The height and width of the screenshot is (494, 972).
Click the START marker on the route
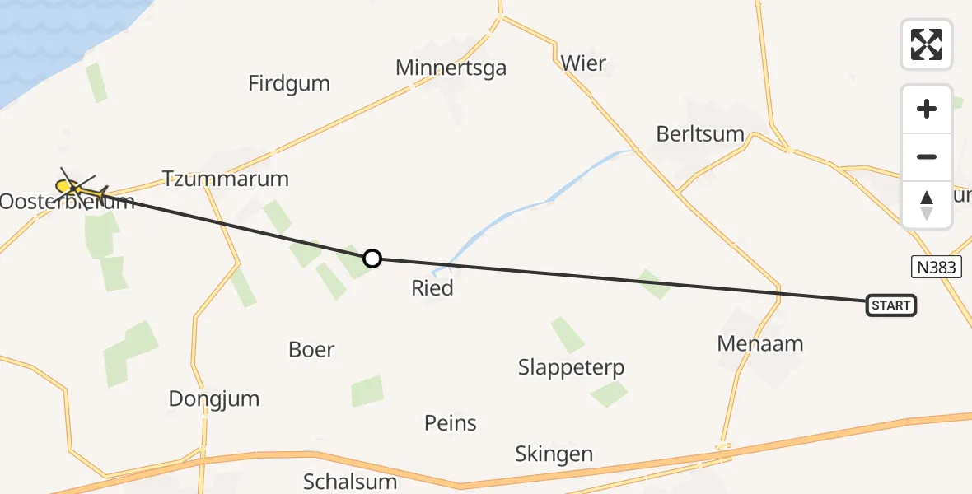pos(891,305)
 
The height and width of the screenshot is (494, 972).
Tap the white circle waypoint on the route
pos(372,259)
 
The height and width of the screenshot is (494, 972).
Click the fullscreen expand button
pos(927,44)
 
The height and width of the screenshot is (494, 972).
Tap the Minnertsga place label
pos(451,68)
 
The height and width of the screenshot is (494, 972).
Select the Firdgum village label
pos(289,83)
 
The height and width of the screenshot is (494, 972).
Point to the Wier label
pos(583,63)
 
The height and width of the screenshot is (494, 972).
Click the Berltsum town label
pos(700,133)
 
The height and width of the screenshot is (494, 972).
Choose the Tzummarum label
pos(226,179)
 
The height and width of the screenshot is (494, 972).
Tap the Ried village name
pos(432,288)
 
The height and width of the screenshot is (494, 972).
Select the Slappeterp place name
pos(572,367)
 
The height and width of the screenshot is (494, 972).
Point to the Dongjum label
pos(214,399)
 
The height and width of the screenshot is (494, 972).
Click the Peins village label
pos(451,423)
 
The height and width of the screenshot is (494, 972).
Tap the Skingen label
pos(554,454)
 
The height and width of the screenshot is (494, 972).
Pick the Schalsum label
pos(350,481)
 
